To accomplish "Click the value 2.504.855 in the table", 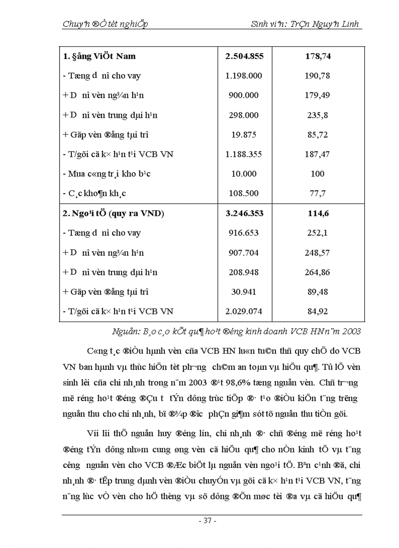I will [x=244, y=56].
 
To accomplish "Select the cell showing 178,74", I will [x=318, y=56].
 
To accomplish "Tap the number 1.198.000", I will [x=244, y=76].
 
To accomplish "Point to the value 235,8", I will [x=318, y=115].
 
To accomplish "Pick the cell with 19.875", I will [x=244, y=135].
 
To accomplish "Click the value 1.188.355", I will [x=244, y=154].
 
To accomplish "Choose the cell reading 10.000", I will [x=244, y=174].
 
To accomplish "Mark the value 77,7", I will [x=318, y=193].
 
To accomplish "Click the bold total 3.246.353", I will [x=244, y=213].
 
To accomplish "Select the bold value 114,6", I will [x=318, y=213].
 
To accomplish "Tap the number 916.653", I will [x=244, y=233].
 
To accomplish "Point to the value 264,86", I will [x=318, y=272].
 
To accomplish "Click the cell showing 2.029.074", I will [x=244, y=311].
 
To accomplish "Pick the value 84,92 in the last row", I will [x=318, y=311].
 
